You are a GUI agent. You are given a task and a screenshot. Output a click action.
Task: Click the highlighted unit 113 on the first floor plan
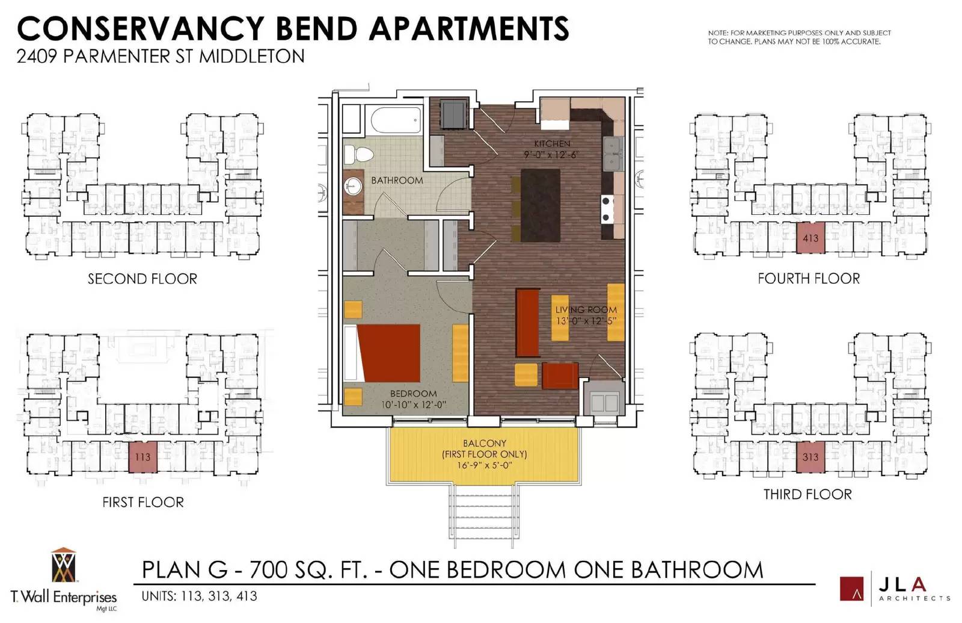point(143,457)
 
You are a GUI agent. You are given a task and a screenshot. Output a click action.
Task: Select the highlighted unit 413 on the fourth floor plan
point(810,238)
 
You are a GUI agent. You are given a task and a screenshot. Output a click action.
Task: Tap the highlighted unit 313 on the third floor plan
point(810,457)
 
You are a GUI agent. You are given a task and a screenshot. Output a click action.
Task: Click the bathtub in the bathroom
point(397,120)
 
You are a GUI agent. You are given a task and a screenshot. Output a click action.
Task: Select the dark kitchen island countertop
point(541,205)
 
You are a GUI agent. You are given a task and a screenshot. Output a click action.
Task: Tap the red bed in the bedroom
point(388,353)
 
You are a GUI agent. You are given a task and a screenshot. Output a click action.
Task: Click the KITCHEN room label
point(553,144)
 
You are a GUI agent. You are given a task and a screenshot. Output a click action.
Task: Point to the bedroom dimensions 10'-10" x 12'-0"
point(414,404)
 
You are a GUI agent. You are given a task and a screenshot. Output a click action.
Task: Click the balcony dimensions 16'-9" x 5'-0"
point(485,465)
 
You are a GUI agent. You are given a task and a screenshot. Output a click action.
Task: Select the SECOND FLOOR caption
point(142,279)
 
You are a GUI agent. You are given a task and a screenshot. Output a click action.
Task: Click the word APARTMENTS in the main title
point(469,29)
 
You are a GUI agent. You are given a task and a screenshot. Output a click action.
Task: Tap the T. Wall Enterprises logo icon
point(64,565)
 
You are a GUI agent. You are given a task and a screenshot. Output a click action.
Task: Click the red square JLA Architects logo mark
point(851,588)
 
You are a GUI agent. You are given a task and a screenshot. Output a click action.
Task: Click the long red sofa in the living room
point(528,323)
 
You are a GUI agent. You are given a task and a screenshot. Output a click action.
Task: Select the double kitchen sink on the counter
point(613,154)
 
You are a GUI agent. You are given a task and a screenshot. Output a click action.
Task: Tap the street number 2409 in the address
point(37,57)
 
